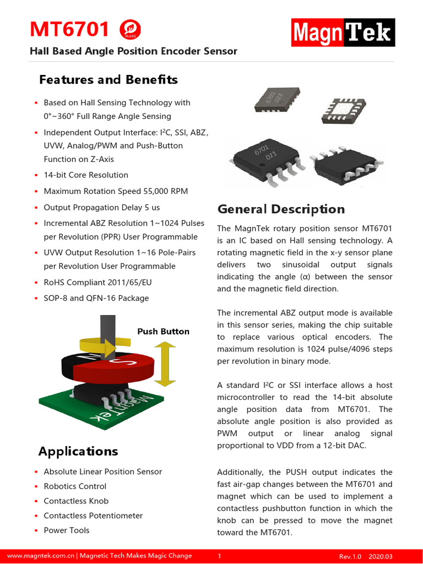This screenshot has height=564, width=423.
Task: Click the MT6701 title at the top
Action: coord(69,30)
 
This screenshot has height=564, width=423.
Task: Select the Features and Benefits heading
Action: coord(109,80)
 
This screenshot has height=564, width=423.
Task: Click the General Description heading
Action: coord(281,209)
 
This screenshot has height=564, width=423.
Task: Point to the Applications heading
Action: coord(78,452)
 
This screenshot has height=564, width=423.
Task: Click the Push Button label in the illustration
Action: coord(163,332)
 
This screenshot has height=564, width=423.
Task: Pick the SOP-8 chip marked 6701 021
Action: coord(268,158)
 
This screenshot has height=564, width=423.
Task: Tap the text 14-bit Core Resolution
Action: coord(86,175)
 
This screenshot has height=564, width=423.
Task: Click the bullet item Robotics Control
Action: coord(75,486)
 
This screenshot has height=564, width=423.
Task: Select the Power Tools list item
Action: coord(67,530)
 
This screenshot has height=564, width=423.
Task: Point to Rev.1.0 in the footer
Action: coord(349,557)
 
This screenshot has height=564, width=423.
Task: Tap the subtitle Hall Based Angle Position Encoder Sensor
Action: coord(133,51)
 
